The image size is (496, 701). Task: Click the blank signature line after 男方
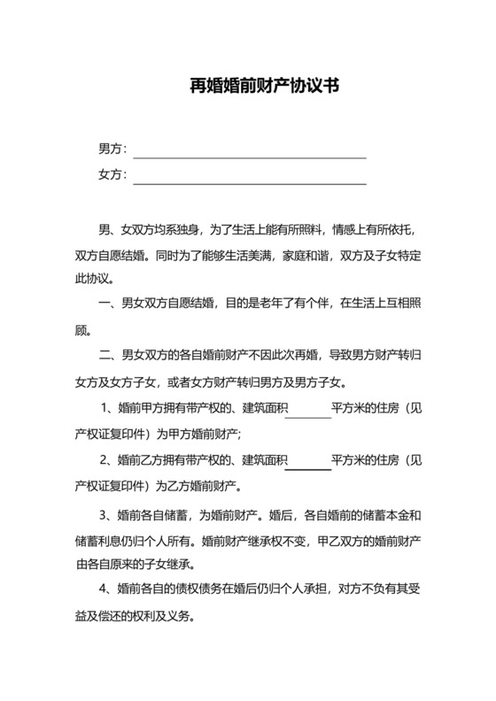(x=249, y=157)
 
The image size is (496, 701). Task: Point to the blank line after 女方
(x=249, y=183)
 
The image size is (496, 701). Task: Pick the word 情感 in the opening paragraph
(x=343, y=230)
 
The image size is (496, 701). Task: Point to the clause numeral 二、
(x=107, y=358)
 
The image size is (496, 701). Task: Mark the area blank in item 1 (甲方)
(x=308, y=410)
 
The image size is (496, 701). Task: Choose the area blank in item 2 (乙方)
(x=308, y=461)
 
